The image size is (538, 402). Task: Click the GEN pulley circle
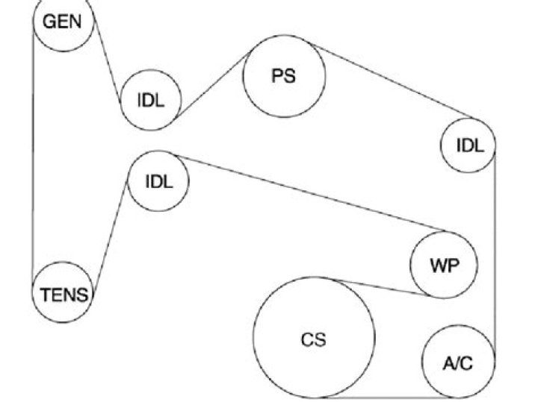click(x=63, y=22)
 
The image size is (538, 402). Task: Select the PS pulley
click(x=285, y=76)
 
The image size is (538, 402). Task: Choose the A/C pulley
click(x=458, y=363)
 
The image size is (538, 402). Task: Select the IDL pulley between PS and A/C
click(x=469, y=145)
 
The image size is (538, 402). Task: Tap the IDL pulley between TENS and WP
click(x=158, y=180)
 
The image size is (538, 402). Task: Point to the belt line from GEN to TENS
click(x=34, y=157)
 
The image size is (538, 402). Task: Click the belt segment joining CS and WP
click(x=381, y=287)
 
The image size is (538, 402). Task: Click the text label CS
click(x=314, y=339)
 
